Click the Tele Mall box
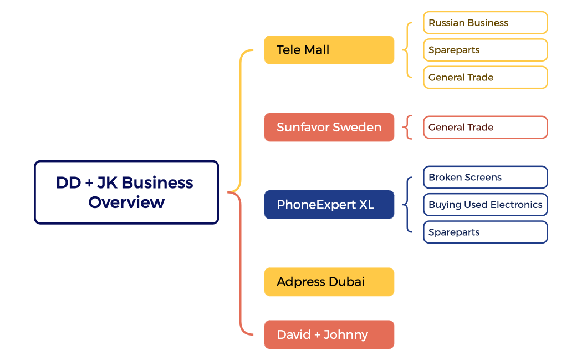coord(329,50)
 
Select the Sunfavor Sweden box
coord(329,127)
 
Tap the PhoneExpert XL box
coord(329,205)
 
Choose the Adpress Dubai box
coord(329,282)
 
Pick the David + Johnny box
coord(329,334)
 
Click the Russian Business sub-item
coord(485,23)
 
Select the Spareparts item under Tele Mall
coord(485,50)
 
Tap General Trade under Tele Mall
coord(485,78)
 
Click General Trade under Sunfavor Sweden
coord(485,127)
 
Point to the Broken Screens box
coord(485,178)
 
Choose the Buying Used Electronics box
coord(485,205)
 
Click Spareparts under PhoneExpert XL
coord(485,232)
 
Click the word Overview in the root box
coord(126,202)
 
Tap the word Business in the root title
coord(157,182)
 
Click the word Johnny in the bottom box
coord(346,334)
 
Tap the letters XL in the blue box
coord(366,205)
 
